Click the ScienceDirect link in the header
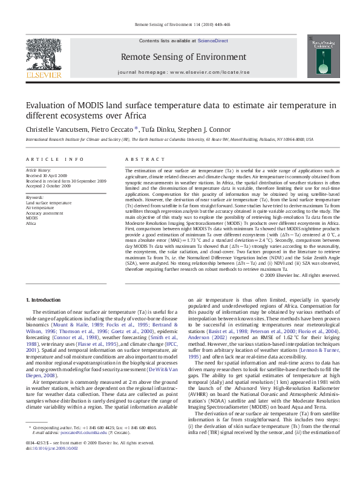coord(212,41)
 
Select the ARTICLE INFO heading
coord(55,159)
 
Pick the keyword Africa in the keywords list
coord(31,223)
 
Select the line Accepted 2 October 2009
coord(48,186)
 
